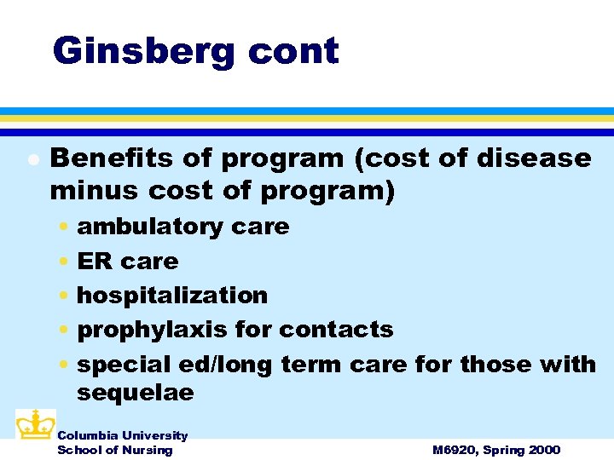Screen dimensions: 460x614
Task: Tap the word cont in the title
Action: point(293,51)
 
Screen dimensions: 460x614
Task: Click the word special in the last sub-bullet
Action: point(124,364)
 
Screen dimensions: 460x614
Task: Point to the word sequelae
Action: point(135,393)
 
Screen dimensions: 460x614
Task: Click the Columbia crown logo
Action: point(35,423)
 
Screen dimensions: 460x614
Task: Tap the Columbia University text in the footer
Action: point(122,435)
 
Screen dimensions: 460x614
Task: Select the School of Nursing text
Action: point(114,450)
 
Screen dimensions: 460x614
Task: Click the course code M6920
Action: point(457,450)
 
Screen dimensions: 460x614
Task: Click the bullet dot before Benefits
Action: point(32,159)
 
